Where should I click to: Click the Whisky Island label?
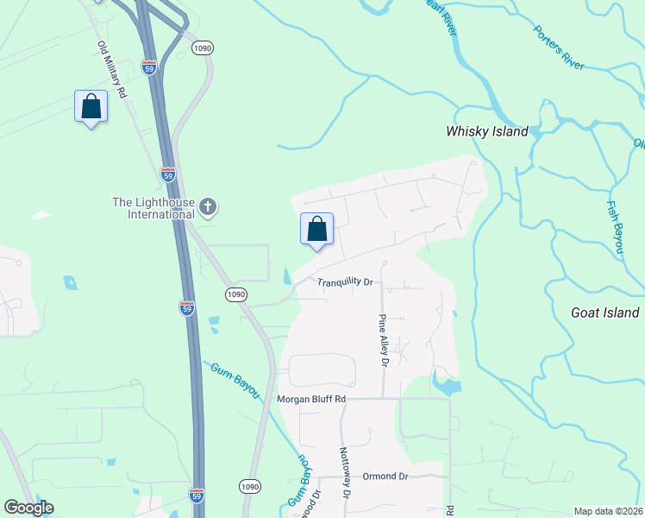click(x=486, y=132)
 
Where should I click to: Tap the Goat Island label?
click(x=605, y=313)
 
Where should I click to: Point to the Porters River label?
click(x=559, y=47)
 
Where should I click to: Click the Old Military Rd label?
click(x=112, y=68)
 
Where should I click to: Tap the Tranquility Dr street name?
click(x=344, y=282)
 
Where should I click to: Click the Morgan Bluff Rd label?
click(x=311, y=399)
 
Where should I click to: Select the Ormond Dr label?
click(x=385, y=477)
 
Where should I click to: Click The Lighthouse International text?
click(x=153, y=208)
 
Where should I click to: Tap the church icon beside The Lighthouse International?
click(x=207, y=206)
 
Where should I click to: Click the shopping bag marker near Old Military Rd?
click(x=91, y=107)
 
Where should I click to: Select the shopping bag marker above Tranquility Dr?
click(x=316, y=229)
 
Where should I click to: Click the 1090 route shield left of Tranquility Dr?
click(x=236, y=294)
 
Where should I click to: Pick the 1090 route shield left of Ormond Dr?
click(x=250, y=487)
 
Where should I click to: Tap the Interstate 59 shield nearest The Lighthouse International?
click(x=167, y=174)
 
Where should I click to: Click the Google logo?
click(x=28, y=508)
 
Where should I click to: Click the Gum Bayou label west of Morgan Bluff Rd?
click(x=234, y=380)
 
